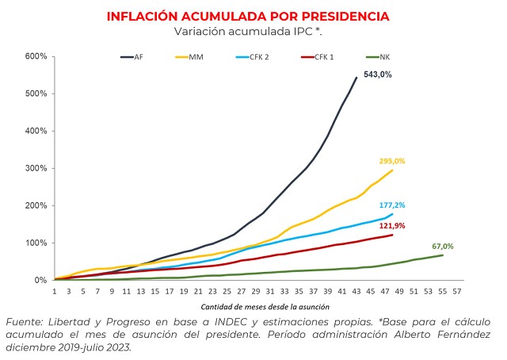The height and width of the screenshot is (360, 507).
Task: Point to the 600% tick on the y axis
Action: (x=36, y=56)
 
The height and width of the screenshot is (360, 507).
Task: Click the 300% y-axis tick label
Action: (x=36, y=168)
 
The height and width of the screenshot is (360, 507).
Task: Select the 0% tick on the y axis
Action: (x=40, y=280)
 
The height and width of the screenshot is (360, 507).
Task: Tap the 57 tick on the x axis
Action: (x=457, y=291)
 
